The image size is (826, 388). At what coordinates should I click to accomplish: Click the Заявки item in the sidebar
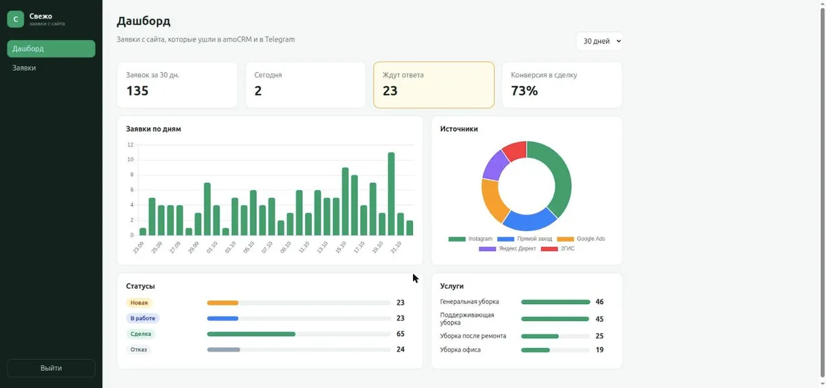(x=24, y=68)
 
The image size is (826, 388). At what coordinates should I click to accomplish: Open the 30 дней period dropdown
(x=600, y=41)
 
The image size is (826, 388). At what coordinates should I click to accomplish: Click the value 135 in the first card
(x=137, y=91)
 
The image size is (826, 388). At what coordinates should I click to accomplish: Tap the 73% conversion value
(x=524, y=91)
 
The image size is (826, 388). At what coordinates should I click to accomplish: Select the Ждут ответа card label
(x=403, y=75)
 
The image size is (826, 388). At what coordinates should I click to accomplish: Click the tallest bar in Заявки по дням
(x=391, y=194)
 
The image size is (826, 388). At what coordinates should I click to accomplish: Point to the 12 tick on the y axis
(x=130, y=144)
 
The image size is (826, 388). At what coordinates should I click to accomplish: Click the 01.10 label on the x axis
(x=212, y=247)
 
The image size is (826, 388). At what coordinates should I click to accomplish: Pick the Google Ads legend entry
(x=581, y=239)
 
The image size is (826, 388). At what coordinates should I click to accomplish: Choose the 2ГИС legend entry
(x=558, y=249)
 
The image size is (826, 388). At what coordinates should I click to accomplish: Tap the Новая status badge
(x=139, y=303)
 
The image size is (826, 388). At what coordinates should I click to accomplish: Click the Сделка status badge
(x=140, y=334)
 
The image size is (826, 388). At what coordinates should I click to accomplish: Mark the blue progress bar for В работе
(x=223, y=319)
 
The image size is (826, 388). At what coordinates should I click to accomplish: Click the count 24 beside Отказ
(x=401, y=349)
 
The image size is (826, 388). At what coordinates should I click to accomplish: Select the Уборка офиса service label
(x=460, y=349)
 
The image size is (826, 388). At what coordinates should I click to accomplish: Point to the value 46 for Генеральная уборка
(x=600, y=302)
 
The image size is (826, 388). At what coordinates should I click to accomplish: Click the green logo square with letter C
(x=15, y=19)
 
